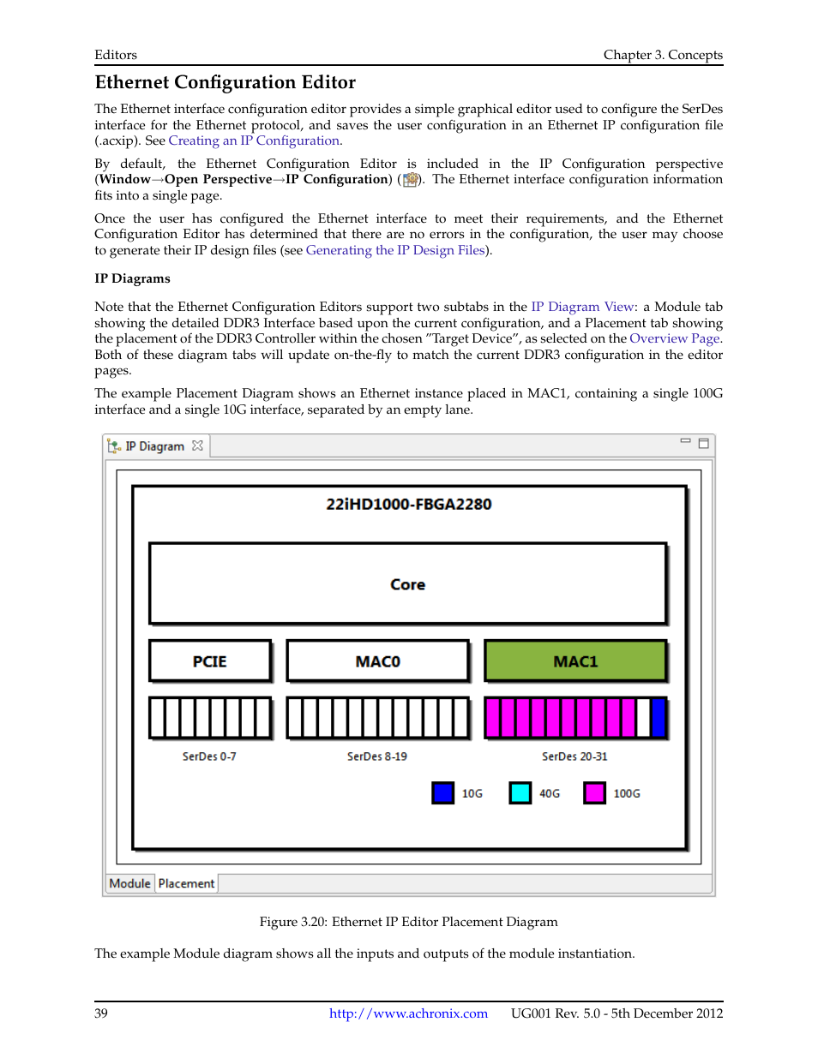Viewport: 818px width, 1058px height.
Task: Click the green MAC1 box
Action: coord(575,661)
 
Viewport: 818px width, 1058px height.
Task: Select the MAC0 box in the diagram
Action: coord(377,661)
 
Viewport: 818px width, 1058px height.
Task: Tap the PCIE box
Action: coord(210,661)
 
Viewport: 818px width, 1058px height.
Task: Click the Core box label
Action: coord(407,584)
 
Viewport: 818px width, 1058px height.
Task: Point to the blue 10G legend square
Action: coord(442,793)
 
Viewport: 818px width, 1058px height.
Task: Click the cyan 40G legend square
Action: coord(520,793)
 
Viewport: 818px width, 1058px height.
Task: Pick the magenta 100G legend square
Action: coord(594,793)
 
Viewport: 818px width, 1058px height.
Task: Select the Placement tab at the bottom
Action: coord(186,883)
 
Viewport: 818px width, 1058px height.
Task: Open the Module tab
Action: coord(130,883)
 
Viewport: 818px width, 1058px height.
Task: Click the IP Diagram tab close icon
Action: coord(198,445)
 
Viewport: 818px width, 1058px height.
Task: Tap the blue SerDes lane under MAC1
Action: coord(659,718)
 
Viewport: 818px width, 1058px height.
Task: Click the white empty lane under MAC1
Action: coord(643,718)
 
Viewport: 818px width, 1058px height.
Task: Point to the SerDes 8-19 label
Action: coord(377,756)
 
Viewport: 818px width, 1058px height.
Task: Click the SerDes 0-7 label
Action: coord(209,756)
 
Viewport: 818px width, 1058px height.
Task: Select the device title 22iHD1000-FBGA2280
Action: coord(408,505)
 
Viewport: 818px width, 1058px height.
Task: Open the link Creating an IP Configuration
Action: coord(255,140)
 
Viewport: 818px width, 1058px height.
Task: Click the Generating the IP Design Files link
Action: coord(395,250)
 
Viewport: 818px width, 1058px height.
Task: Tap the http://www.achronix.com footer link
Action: coord(408,1013)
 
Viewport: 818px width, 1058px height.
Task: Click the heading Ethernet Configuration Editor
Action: coord(226,82)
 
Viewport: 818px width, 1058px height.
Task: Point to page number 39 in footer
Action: coord(101,1013)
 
